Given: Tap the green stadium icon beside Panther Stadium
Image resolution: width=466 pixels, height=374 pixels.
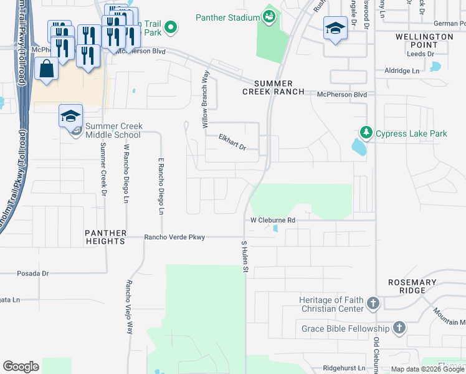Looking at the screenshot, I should pyautogui.click(x=269, y=16).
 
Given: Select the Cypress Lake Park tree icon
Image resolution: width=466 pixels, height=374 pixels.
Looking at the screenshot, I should pyautogui.click(x=366, y=133).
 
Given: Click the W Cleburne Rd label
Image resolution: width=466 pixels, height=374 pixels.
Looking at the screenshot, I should pyautogui.click(x=272, y=220).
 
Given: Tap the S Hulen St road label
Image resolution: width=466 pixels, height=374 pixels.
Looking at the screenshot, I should pyautogui.click(x=245, y=256).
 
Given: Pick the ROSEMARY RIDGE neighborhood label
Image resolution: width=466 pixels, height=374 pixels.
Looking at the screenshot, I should pyautogui.click(x=412, y=287).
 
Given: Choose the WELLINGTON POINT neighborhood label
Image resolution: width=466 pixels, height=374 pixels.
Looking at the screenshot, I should pyautogui.click(x=424, y=41).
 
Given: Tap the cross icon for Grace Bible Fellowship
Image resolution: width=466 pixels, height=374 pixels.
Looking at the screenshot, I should pyautogui.click(x=399, y=328).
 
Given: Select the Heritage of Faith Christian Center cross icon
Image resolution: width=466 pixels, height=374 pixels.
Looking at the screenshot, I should pyautogui.click(x=373, y=304).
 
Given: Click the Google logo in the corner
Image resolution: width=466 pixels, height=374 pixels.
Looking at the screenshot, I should pyautogui.click(x=21, y=367).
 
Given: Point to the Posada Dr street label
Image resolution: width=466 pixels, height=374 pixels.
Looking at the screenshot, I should pyautogui.click(x=32, y=273).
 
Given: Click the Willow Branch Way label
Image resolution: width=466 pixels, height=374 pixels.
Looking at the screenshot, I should pyautogui.click(x=204, y=100).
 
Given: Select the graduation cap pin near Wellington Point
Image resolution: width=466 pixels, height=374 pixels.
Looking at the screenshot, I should pyautogui.click(x=335, y=28).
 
